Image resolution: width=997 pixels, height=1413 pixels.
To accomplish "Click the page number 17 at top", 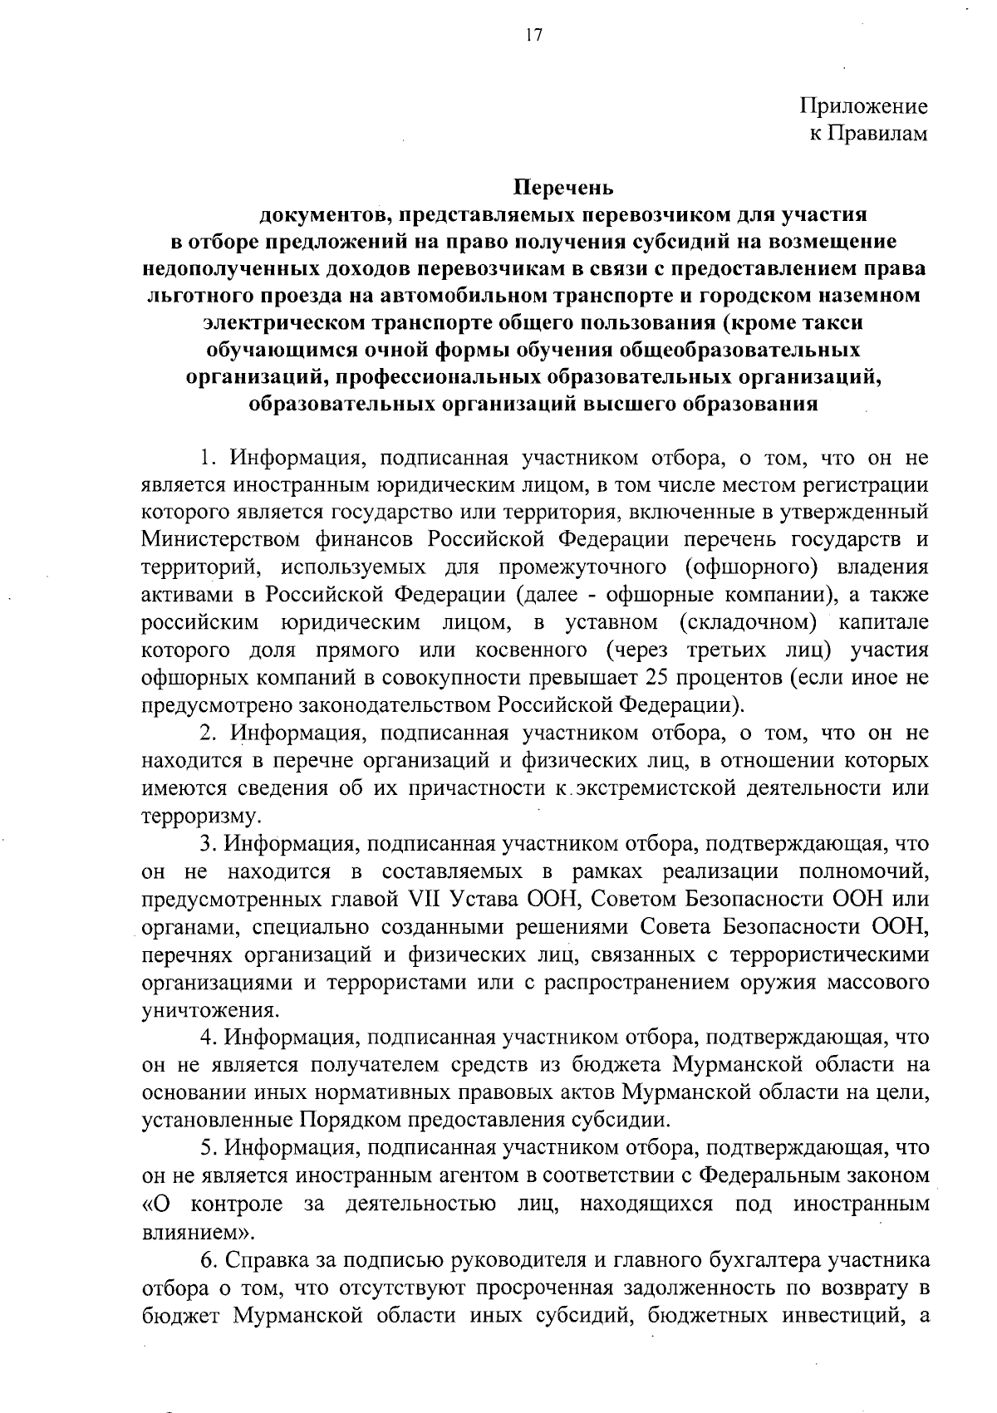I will click(533, 34).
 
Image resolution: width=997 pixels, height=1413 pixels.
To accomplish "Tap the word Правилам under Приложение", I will click(883, 133).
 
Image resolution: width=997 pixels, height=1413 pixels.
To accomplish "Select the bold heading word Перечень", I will click(563, 187).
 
